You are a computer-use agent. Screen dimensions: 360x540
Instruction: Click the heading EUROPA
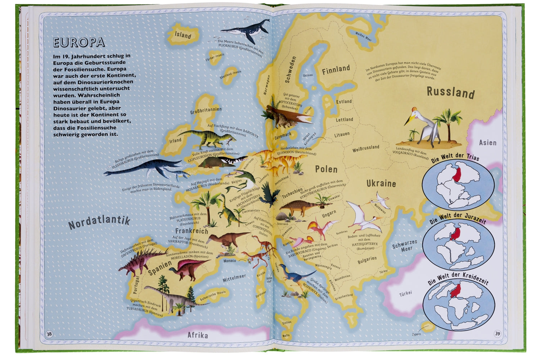click(x=79, y=42)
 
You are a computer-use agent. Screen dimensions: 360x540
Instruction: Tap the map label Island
click(x=183, y=35)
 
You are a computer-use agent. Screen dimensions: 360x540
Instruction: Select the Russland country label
click(x=450, y=93)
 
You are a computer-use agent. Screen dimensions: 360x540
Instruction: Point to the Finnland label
click(x=336, y=69)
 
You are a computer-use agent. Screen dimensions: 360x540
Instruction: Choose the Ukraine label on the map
click(x=381, y=184)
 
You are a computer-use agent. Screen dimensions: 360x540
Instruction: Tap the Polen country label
click(x=326, y=169)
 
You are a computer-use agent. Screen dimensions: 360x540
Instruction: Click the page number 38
click(x=49, y=334)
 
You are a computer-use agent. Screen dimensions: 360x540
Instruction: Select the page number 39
click(x=497, y=334)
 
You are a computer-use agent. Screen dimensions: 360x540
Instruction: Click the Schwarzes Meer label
click(x=404, y=246)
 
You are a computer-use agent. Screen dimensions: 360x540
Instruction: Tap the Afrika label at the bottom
click(x=198, y=335)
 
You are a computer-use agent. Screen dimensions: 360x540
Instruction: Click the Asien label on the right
click(x=487, y=143)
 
